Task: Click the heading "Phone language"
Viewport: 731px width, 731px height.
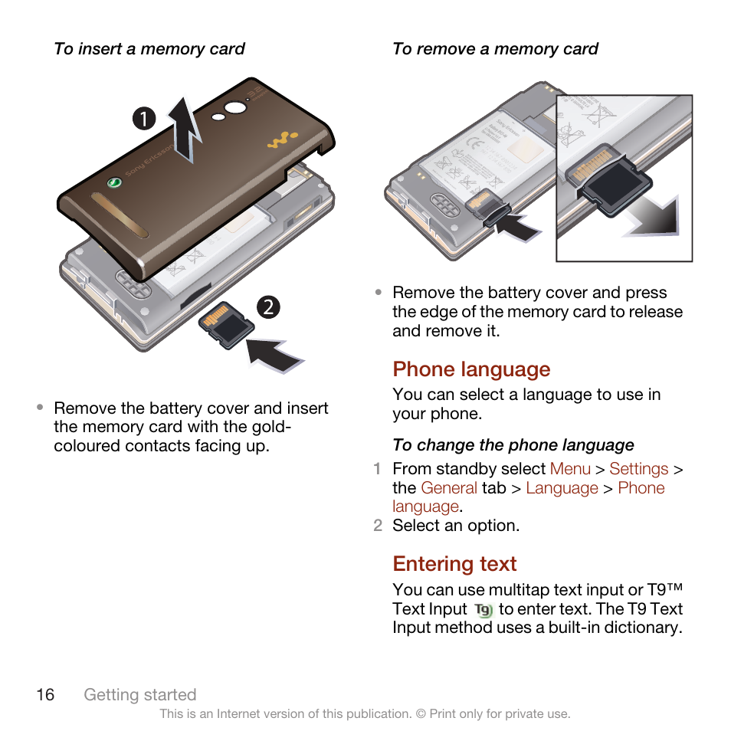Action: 471,369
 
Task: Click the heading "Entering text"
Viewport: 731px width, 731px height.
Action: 454,564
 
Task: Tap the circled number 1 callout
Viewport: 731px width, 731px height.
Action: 143,118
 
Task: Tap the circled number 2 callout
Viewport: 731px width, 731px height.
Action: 268,308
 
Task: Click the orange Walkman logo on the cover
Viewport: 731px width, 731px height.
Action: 281,143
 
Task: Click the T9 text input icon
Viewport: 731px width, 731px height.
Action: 483,610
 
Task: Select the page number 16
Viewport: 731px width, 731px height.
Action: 45,694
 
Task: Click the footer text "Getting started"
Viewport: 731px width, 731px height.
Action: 140,694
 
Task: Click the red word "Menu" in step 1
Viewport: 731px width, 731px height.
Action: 570,469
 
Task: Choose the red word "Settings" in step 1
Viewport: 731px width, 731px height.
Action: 638,469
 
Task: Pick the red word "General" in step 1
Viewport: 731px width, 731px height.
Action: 449,488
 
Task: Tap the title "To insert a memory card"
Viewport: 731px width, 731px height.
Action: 149,49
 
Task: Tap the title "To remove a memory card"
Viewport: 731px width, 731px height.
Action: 495,49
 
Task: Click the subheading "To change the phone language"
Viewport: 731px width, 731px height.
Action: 513,445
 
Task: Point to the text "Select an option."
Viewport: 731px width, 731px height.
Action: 456,526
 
